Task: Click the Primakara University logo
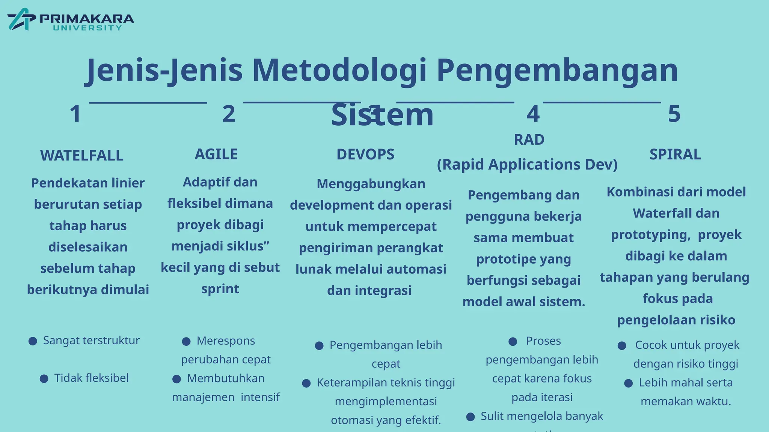(71, 19)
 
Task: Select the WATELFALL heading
(82, 156)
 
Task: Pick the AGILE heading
(216, 154)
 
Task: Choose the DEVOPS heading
(365, 154)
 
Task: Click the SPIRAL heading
(675, 154)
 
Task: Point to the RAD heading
(529, 140)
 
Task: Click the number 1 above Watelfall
(75, 114)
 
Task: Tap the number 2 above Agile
(229, 114)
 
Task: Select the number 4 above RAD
(533, 114)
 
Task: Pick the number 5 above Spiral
(674, 114)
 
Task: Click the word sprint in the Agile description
(220, 289)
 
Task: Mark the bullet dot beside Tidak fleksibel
(44, 379)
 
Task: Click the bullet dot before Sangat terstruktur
(33, 341)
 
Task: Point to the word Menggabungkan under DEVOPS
(371, 184)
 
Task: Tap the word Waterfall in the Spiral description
(657, 213)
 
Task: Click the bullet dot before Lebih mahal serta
(629, 383)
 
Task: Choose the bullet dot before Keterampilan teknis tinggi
(306, 383)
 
